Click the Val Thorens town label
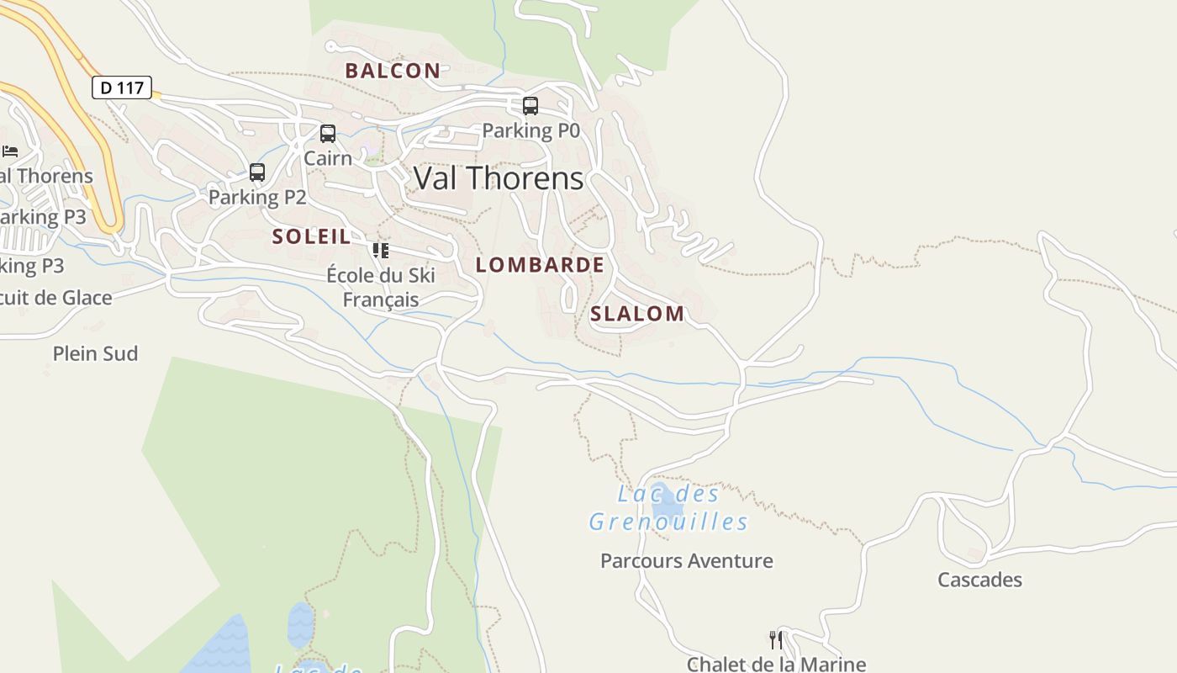point(499,178)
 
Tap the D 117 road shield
point(122,87)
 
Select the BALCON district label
point(393,71)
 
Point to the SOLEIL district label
point(311,236)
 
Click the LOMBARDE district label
point(540,265)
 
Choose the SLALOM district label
point(637,314)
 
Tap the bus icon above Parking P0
point(530,106)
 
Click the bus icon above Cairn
point(328,134)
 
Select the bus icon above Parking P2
point(257,172)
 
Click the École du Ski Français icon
point(381,251)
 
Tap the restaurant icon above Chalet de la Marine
point(776,640)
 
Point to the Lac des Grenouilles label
point(668,508)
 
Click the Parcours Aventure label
point(687,561)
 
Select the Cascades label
point(979,580)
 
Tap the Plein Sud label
point(95,353)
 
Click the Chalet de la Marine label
point(776,664)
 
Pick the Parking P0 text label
point(530,130)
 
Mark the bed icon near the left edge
point(10,151)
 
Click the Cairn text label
point(328,157)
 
